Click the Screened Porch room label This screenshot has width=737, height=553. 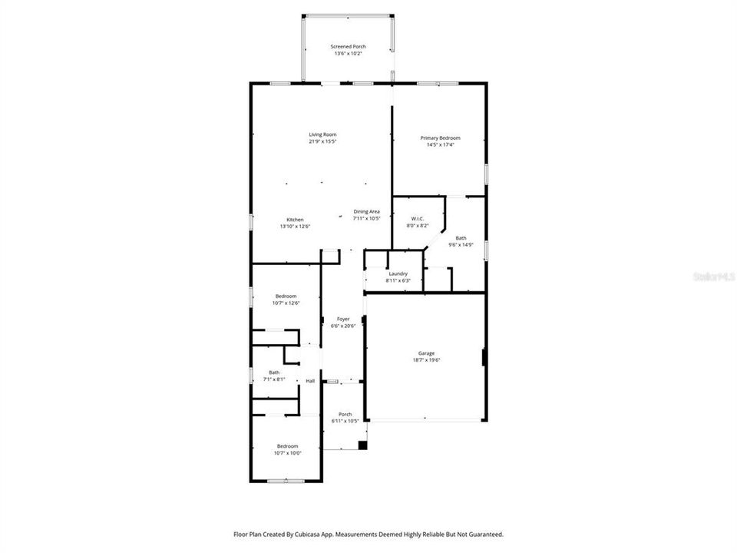(349, 47)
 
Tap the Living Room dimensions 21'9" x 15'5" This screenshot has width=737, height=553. (323, 141)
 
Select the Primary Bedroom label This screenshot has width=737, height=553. (440, 137)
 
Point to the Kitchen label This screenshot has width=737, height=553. (296, 220)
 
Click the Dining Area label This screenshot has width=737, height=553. (366, 211)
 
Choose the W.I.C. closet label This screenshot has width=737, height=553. (418, 220)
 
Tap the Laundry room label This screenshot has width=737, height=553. (398, 273)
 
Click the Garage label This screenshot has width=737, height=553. (426, 353)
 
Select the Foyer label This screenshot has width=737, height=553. (342, 319)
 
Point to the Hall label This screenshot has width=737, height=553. (310, 381)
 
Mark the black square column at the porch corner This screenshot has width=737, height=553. (363, 445)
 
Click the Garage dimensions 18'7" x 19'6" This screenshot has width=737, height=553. (426, 360)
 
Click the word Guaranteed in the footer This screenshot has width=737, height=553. (484, 534)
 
